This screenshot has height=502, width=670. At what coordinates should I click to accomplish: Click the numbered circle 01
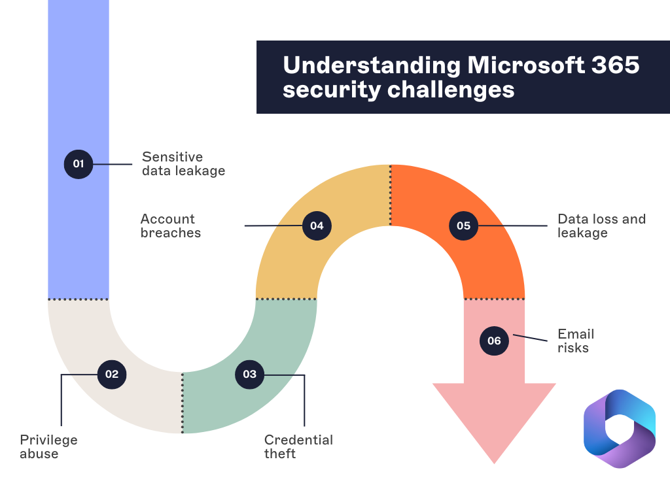click(x=79, y=163)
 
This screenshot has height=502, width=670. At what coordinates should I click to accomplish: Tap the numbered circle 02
click(x=112, y=375)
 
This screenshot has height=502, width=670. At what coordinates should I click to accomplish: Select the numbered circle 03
click(x=249, y=375)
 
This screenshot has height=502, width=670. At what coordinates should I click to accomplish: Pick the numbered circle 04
click(x=317, y=226)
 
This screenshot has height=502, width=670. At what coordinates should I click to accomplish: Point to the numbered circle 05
click(x=463, y=226)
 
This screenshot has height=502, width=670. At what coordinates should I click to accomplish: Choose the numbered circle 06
click(x=494, y=341)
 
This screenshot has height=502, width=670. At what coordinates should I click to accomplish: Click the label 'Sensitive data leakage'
click(x=183, y=164)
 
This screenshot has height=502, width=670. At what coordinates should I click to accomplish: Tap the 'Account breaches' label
click(x=171, y=226)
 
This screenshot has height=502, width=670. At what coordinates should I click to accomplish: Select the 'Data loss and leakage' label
click(x=601, y=226)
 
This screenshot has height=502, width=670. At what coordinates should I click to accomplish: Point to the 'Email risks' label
click(x=575, y=341)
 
